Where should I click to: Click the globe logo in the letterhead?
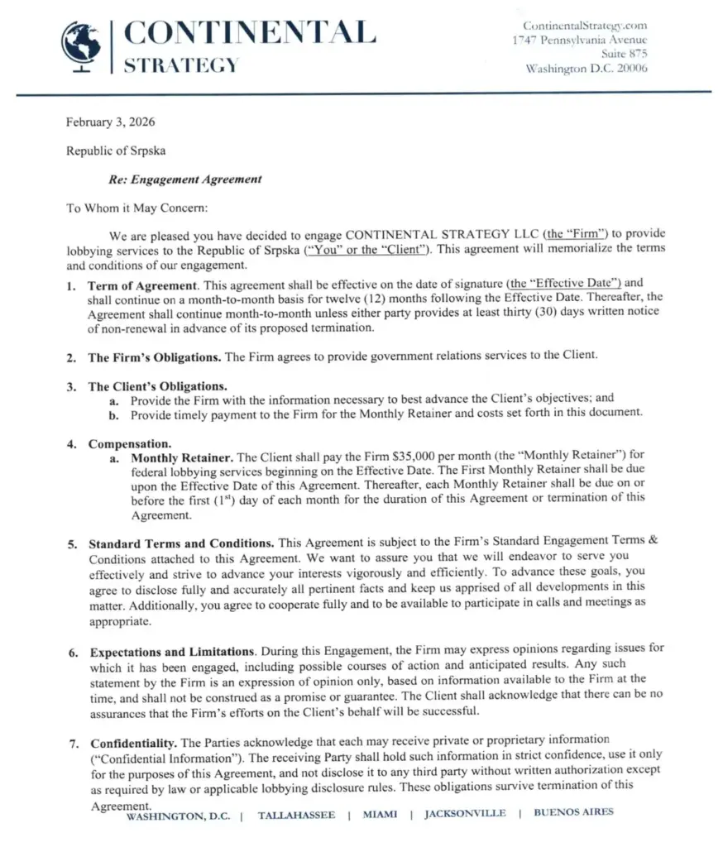click(x=81, y=45)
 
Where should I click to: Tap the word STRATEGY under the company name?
click(x=181, y=65)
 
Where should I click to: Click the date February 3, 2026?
click(x=111, y=122)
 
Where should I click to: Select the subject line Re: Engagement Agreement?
click(x=185, y=179)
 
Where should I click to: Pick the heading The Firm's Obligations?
click(x=155, y=357)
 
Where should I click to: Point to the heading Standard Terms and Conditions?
click(x=182, y=543)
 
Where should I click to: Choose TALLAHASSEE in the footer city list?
click(x=297, y=815)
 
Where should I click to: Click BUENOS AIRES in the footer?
click(x=574, y=812)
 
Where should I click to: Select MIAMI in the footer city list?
click(x=381, y=815)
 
